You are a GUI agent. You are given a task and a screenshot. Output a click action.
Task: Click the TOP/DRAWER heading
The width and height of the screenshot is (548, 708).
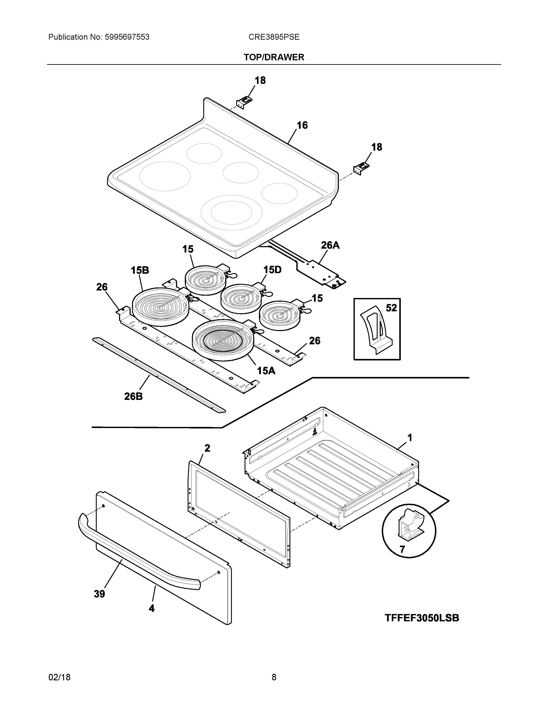274,57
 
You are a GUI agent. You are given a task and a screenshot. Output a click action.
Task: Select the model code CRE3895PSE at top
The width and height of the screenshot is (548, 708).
274,37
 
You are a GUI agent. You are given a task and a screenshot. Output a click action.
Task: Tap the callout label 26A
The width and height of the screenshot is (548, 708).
330,245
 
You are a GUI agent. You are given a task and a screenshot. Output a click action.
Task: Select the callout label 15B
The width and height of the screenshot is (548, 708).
140,270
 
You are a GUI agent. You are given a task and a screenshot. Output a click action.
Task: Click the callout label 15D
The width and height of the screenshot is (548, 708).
272,269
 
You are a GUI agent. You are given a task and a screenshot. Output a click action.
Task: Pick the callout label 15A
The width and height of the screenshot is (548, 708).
266,371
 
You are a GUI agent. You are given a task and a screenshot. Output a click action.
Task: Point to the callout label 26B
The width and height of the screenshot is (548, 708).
133,396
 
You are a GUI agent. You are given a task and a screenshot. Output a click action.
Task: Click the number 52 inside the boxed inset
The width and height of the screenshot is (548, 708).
391,308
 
